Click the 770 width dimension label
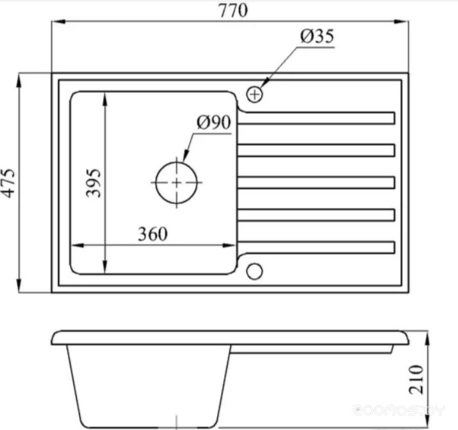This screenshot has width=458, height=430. (233, 10)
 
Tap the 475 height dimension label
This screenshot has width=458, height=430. (8, 183)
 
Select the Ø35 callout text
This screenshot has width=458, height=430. (317, 36)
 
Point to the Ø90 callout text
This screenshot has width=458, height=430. (214, 122)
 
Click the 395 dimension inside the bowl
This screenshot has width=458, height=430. (94, 183)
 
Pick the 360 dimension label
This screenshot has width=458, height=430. (152, 234)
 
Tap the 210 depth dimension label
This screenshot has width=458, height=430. (416, 379)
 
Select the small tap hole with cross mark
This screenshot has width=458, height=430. (254, 95)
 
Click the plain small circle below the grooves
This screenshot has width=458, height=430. (254, 271)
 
